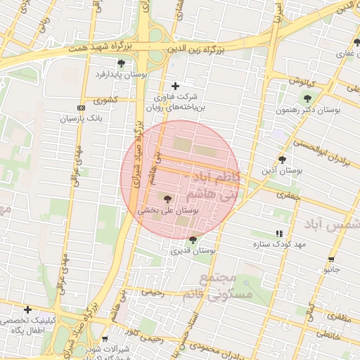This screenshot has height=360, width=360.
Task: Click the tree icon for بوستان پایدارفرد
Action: pyautogui.click(x=121, y=64)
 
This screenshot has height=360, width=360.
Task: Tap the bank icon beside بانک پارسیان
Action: pyautogui.click(x=81, y=108)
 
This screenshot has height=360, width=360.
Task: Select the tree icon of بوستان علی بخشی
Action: pyautogui.click(x=167, y=199)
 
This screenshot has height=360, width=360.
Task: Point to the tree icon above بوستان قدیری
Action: pyautogui.click(x=193, y=240)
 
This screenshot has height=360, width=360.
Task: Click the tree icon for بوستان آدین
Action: pyautogui.click(x=282, y=160)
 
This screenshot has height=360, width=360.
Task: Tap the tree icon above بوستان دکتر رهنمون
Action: pyautogui.click(x=307, y=98)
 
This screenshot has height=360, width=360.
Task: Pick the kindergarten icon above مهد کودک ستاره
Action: pyautogui.click(x=280, y=233)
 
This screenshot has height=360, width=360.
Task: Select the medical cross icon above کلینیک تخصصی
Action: pyautogui.click(x=27, y=309)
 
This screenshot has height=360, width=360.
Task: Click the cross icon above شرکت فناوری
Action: pyautogui.click(x=176, y=86)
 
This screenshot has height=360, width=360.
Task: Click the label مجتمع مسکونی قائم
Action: pyautogui.click(x=225, y=287)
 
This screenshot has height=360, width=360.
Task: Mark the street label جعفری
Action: pyautogui.click(x=288, y=195)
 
